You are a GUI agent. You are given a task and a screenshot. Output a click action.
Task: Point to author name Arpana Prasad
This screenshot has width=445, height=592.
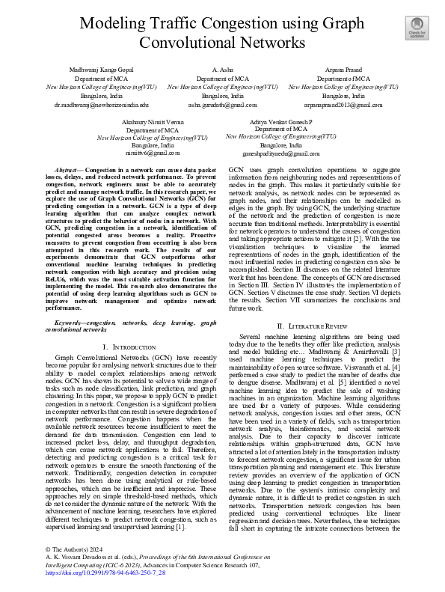pyautogui.click(x=343, y=68)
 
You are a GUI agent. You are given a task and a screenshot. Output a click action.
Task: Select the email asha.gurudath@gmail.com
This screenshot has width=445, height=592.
pyautogui.click(x=222, y=106)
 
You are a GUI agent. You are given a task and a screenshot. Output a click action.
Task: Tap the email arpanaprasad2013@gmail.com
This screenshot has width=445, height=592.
pyautogui.click(x=343, y=106)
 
